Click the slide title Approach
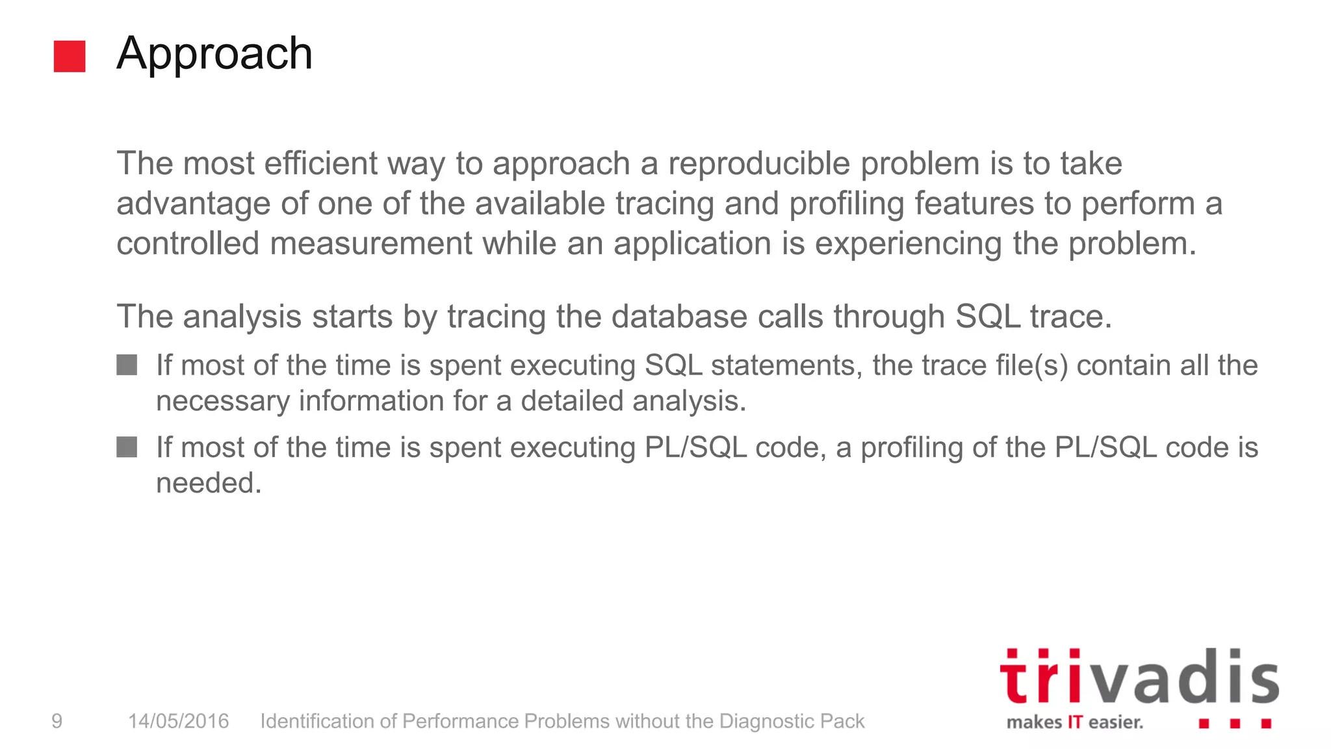tap(214, 54)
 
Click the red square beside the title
tap(70, 57)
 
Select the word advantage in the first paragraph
tap(193, 204)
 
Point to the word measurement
tap(370, 244)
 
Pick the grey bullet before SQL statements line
tap(127, 365)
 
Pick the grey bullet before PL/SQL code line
tap(127, 447)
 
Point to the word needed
tap(209, 483)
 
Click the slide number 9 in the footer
tap(57, 721)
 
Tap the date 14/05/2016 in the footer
tap(178, 721)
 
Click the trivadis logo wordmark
tap(1139, 677)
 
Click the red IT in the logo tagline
tap(1075, 722)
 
